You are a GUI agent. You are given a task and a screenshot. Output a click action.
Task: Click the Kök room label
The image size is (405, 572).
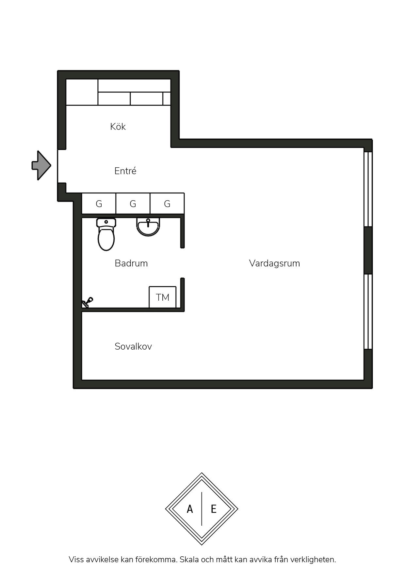(x=118, y=127)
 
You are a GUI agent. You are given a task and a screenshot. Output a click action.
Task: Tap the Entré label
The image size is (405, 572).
(x=125, y=171)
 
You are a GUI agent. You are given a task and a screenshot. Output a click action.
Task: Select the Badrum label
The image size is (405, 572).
(x=131, y=263)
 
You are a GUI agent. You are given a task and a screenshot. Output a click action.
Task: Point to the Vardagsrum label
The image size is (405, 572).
(x=274, y=263)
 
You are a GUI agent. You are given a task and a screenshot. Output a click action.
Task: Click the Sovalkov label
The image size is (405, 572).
(x=133, y=346)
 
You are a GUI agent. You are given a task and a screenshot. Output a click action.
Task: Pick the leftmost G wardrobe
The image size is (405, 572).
(x=99, y=204)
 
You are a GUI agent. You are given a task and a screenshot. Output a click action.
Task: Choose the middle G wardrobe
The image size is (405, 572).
(x=133, y=204)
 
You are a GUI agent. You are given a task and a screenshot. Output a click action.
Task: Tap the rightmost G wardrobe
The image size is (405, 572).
(x=167, y=204)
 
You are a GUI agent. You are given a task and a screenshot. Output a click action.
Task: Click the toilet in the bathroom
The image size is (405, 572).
(x=106, y=234)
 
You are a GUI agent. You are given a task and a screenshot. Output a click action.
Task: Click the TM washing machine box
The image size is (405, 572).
(x=163, y=297)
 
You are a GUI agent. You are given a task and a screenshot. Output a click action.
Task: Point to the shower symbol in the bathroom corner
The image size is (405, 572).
(x=88, y=302)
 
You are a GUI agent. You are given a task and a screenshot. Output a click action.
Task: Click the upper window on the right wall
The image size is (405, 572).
(x=368, y=189)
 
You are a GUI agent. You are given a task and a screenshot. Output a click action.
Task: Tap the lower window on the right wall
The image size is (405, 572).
(x=368, y=311)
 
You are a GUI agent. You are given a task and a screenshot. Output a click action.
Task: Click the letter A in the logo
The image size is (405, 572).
(x=190, y=509)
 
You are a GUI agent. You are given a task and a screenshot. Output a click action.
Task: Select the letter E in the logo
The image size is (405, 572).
(x=214, y=509)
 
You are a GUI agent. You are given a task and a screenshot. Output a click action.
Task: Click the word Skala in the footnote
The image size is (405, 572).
(x=189, y=560)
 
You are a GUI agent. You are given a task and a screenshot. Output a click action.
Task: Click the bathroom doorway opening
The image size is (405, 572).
(x=183, y=263)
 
